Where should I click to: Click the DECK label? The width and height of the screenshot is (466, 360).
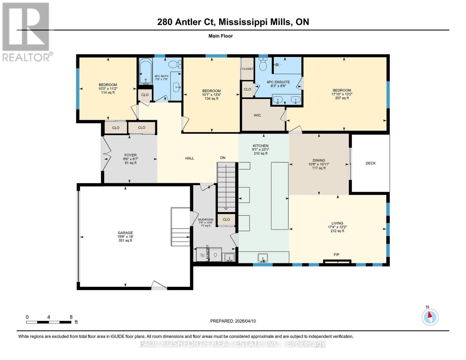point(370,163)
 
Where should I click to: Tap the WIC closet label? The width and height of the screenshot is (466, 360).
point(257,115)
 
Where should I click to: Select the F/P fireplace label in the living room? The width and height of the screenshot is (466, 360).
point(336,254)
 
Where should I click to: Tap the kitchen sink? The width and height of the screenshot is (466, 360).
point(263,257)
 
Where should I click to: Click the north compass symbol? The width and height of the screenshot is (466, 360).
point(430,317)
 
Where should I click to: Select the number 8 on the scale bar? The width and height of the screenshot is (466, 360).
point(71,317)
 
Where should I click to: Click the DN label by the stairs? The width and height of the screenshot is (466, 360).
point(223,157)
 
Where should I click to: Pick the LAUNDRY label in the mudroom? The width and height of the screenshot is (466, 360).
point(207,253)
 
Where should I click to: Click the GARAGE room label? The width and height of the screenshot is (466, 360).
point(125,232)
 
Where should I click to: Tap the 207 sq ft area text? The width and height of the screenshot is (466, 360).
point(342,98)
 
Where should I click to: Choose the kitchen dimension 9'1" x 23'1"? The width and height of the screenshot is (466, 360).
point(260,149)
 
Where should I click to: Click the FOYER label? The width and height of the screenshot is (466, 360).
point(131,155)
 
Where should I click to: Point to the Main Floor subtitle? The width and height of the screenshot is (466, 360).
point(221,36)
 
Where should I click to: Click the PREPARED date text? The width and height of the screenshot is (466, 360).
point(233,321)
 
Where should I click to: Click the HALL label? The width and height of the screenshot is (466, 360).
point(189,158)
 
